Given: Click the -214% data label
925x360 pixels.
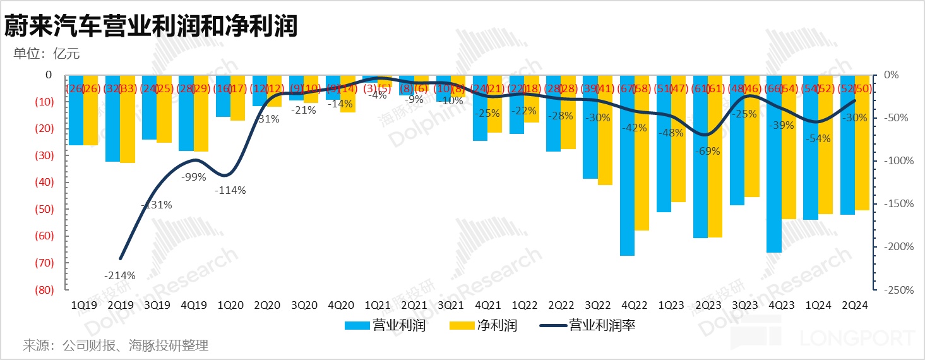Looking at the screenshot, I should pos(120,275).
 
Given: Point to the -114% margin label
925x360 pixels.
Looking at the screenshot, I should pos(230,190).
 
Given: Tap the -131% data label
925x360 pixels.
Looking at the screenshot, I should pos(157,205).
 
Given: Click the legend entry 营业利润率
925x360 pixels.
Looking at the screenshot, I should pos(602,326).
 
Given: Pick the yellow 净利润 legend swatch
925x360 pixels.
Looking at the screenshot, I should pos(460,326).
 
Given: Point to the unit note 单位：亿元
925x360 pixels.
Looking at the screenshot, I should pos(47,53).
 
